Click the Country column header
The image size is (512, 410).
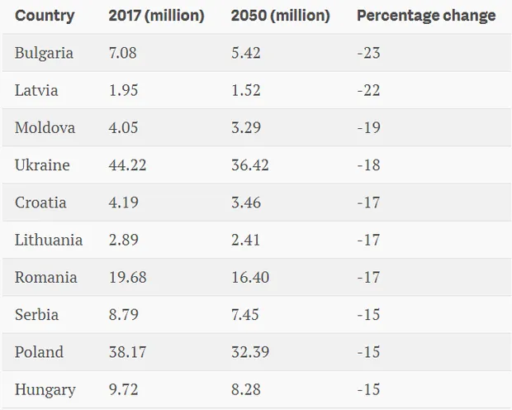tap(45, 16)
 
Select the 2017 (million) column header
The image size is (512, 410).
tap(157, 16)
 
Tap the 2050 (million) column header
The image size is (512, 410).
tap(280, 16)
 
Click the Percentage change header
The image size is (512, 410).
tap(426, 16)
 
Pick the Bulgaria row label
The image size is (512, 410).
tap(44, 53)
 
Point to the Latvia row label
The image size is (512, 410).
tap(36, 90)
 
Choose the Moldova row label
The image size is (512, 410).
tap(45, 127)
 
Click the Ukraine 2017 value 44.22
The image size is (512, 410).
tap(127, 165)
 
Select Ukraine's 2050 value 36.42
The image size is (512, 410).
tap(250, 165)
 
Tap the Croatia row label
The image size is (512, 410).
tap(40, 203)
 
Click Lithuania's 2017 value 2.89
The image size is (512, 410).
tap(124, 240)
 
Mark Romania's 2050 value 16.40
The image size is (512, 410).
tap(250, 277)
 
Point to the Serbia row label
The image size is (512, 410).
tap(36, 315)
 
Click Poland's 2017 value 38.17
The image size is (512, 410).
tap(127, 352)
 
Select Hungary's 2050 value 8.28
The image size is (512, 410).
tap(247, 389)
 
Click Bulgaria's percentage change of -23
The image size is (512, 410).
tap(368, 53)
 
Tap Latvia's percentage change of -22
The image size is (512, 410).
tap(368, 90)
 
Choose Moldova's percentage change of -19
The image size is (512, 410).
tap(368, 127)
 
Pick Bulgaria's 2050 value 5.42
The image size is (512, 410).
tap(247, 53)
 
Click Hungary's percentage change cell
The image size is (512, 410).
tap(368, 389)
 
